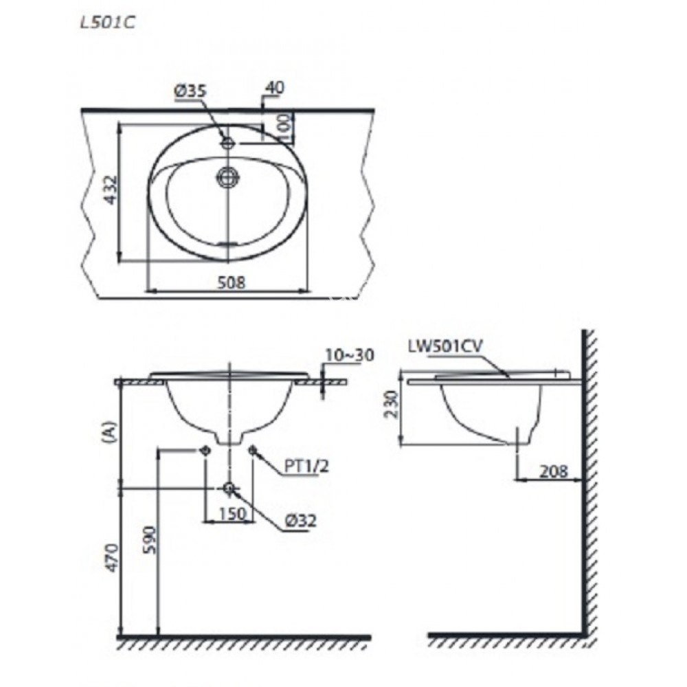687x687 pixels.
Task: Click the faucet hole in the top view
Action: [x=228, y=143]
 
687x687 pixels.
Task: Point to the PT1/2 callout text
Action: [x=307, y=467]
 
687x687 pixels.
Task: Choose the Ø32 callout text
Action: [x=302, y=522]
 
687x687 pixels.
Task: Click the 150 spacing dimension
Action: [x=229, y=513]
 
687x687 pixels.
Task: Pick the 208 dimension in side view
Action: [x=554, y=471]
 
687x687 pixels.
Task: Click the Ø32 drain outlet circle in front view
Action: [x=229, y=488]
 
